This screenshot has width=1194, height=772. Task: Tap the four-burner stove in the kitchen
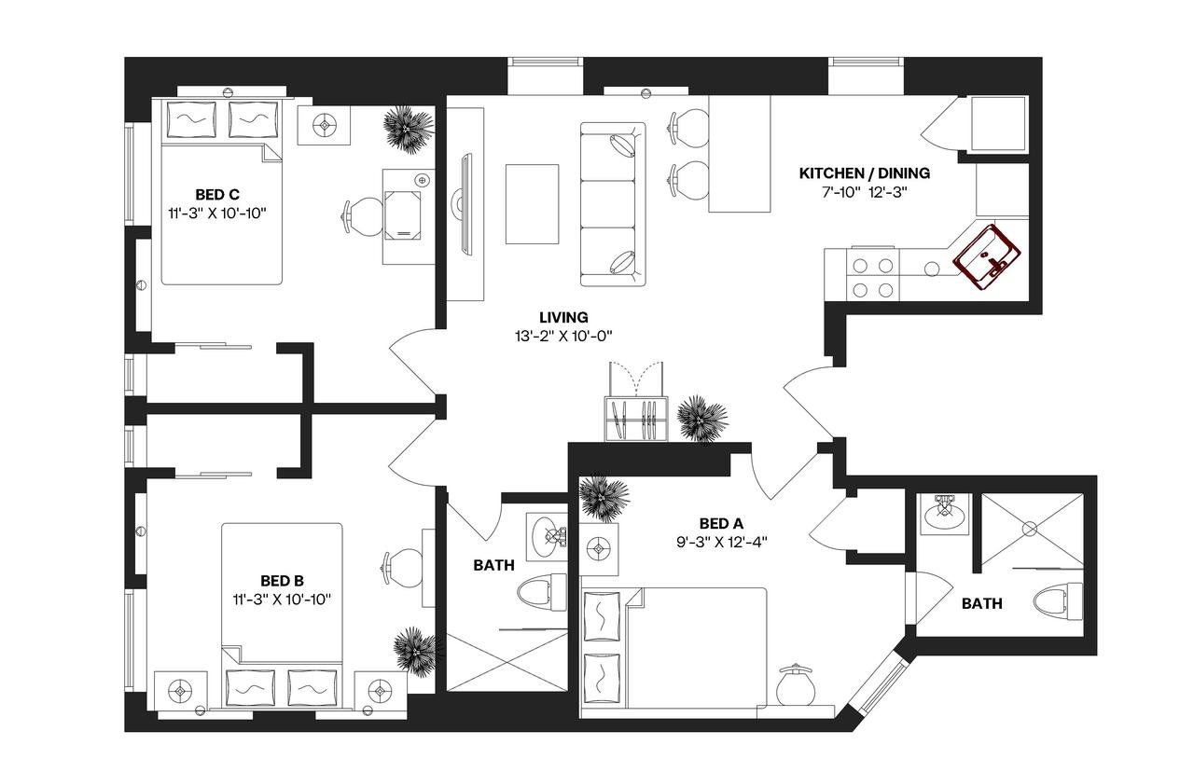[871, 276]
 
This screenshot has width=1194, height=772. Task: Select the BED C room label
[217, 195]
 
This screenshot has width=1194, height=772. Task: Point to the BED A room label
[720, 523]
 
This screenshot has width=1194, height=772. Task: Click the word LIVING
[562, 318]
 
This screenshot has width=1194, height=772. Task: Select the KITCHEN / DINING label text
[864, 173]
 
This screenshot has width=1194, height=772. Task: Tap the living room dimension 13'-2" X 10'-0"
[562, 337]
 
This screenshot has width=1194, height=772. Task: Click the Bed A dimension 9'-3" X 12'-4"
[720, 541]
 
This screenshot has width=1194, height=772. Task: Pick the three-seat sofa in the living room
[612, 204]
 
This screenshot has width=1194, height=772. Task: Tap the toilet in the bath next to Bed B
[542, 593]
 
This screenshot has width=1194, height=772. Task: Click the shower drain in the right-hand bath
[1029, 529]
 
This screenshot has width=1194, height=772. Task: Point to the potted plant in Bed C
[409, 128]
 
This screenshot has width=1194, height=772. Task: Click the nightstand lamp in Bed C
[325, 124]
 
